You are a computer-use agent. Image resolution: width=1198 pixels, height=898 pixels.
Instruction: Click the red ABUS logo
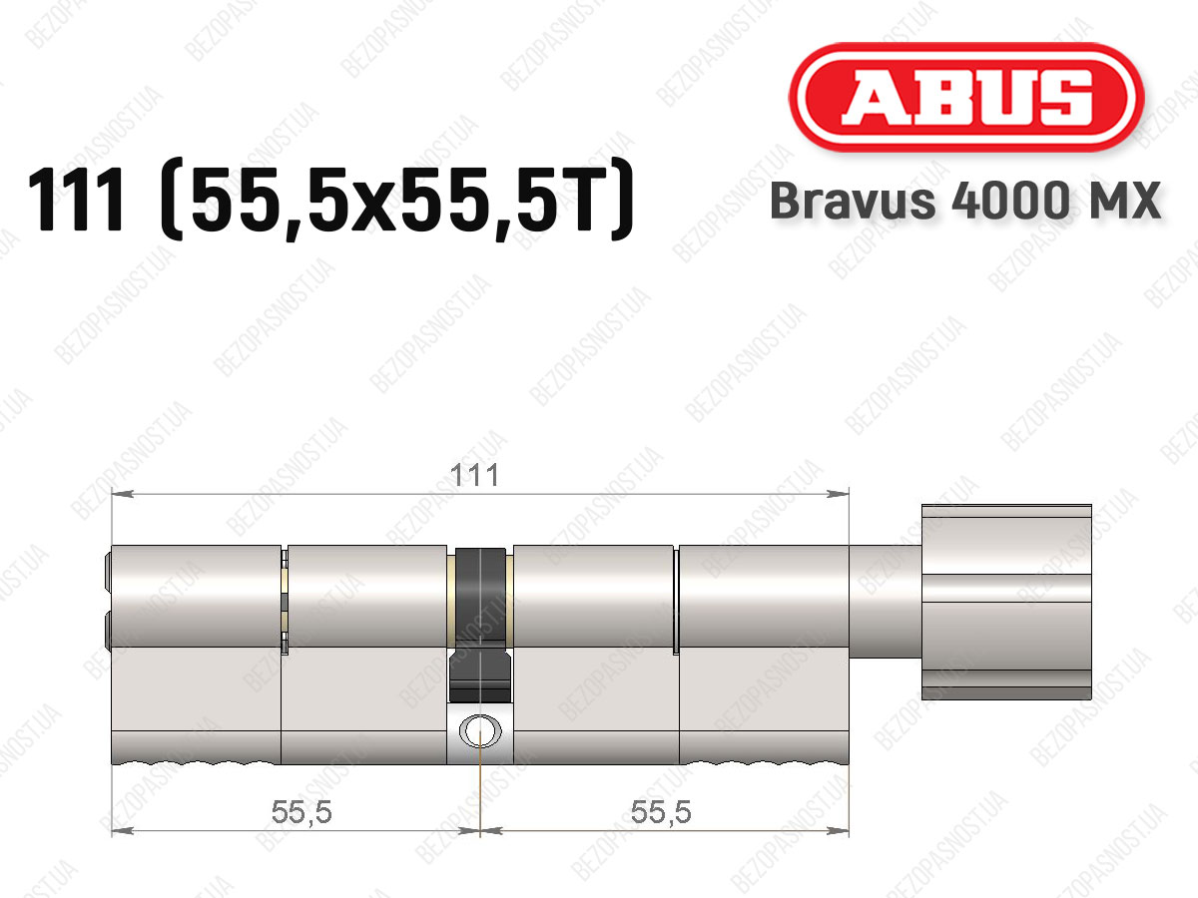point(966,97)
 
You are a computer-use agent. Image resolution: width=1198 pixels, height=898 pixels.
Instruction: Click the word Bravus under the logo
point(853,201)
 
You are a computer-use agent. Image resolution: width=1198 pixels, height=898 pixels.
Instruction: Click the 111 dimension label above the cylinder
point(474,475)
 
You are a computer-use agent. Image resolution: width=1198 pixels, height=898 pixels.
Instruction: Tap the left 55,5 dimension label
point(301,811)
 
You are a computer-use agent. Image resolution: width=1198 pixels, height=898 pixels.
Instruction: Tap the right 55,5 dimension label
point(661,811)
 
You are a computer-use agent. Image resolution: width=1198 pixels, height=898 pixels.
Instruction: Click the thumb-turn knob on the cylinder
point(1006,602)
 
